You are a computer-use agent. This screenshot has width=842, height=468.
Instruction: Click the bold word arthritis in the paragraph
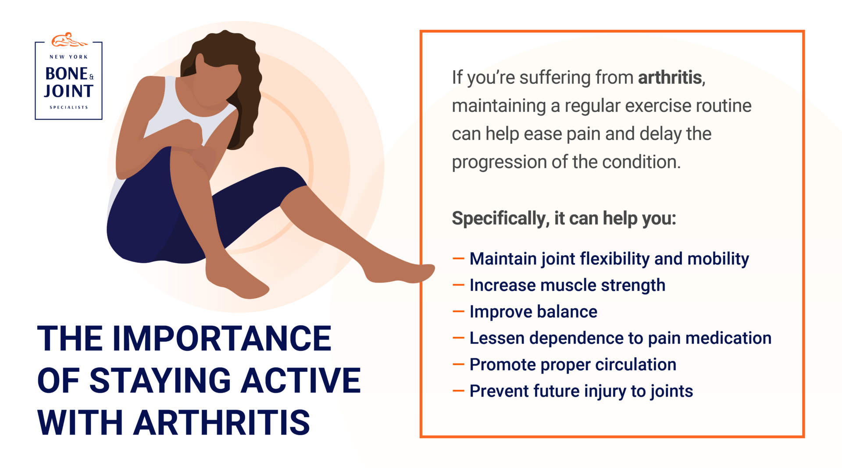[x=670, y=78]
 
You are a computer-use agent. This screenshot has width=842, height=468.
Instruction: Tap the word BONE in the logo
[x=66, y=74]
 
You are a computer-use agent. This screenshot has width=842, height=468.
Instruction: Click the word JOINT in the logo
[x=68, y=91]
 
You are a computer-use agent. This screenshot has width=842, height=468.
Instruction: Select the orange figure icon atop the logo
[x=68, y=40]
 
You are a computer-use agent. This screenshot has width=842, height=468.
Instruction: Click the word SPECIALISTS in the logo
[x=68, y=107]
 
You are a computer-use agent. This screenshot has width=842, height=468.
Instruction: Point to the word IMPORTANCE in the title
[x=221, y=339]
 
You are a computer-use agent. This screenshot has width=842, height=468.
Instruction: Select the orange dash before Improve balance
[x=458, y=312]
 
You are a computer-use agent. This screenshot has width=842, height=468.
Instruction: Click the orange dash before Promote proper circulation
[x=458, y=364]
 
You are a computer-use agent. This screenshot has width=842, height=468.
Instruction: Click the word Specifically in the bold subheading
[x=500, y=218]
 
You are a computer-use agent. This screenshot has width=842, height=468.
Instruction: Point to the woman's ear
[x=200, y=62]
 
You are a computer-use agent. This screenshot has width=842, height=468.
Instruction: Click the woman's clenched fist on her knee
[x=189, y=134]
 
